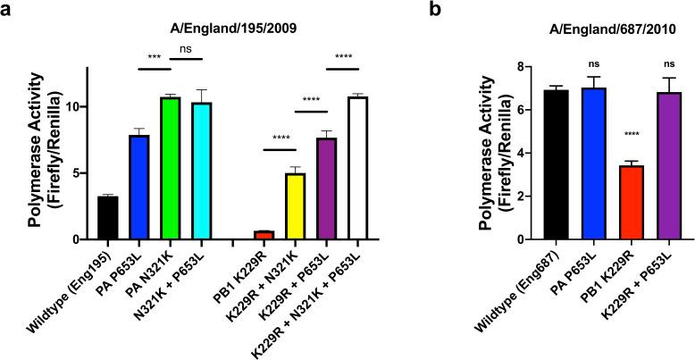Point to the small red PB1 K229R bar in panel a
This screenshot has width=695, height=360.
coord(264,235)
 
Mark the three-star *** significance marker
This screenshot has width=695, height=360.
coord(155,59)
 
